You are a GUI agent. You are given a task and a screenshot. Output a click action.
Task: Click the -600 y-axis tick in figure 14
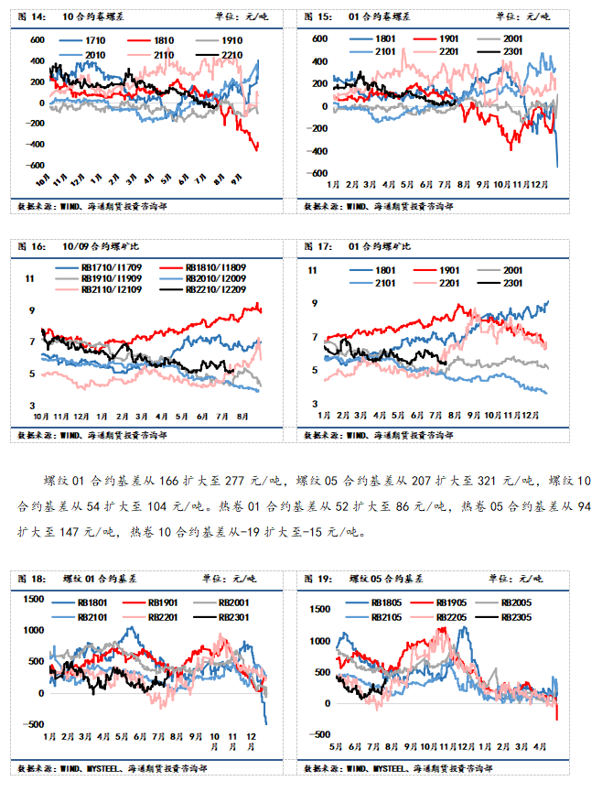tap(36, 166)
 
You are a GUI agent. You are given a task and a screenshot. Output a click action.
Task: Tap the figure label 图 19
tap(319, 579)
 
